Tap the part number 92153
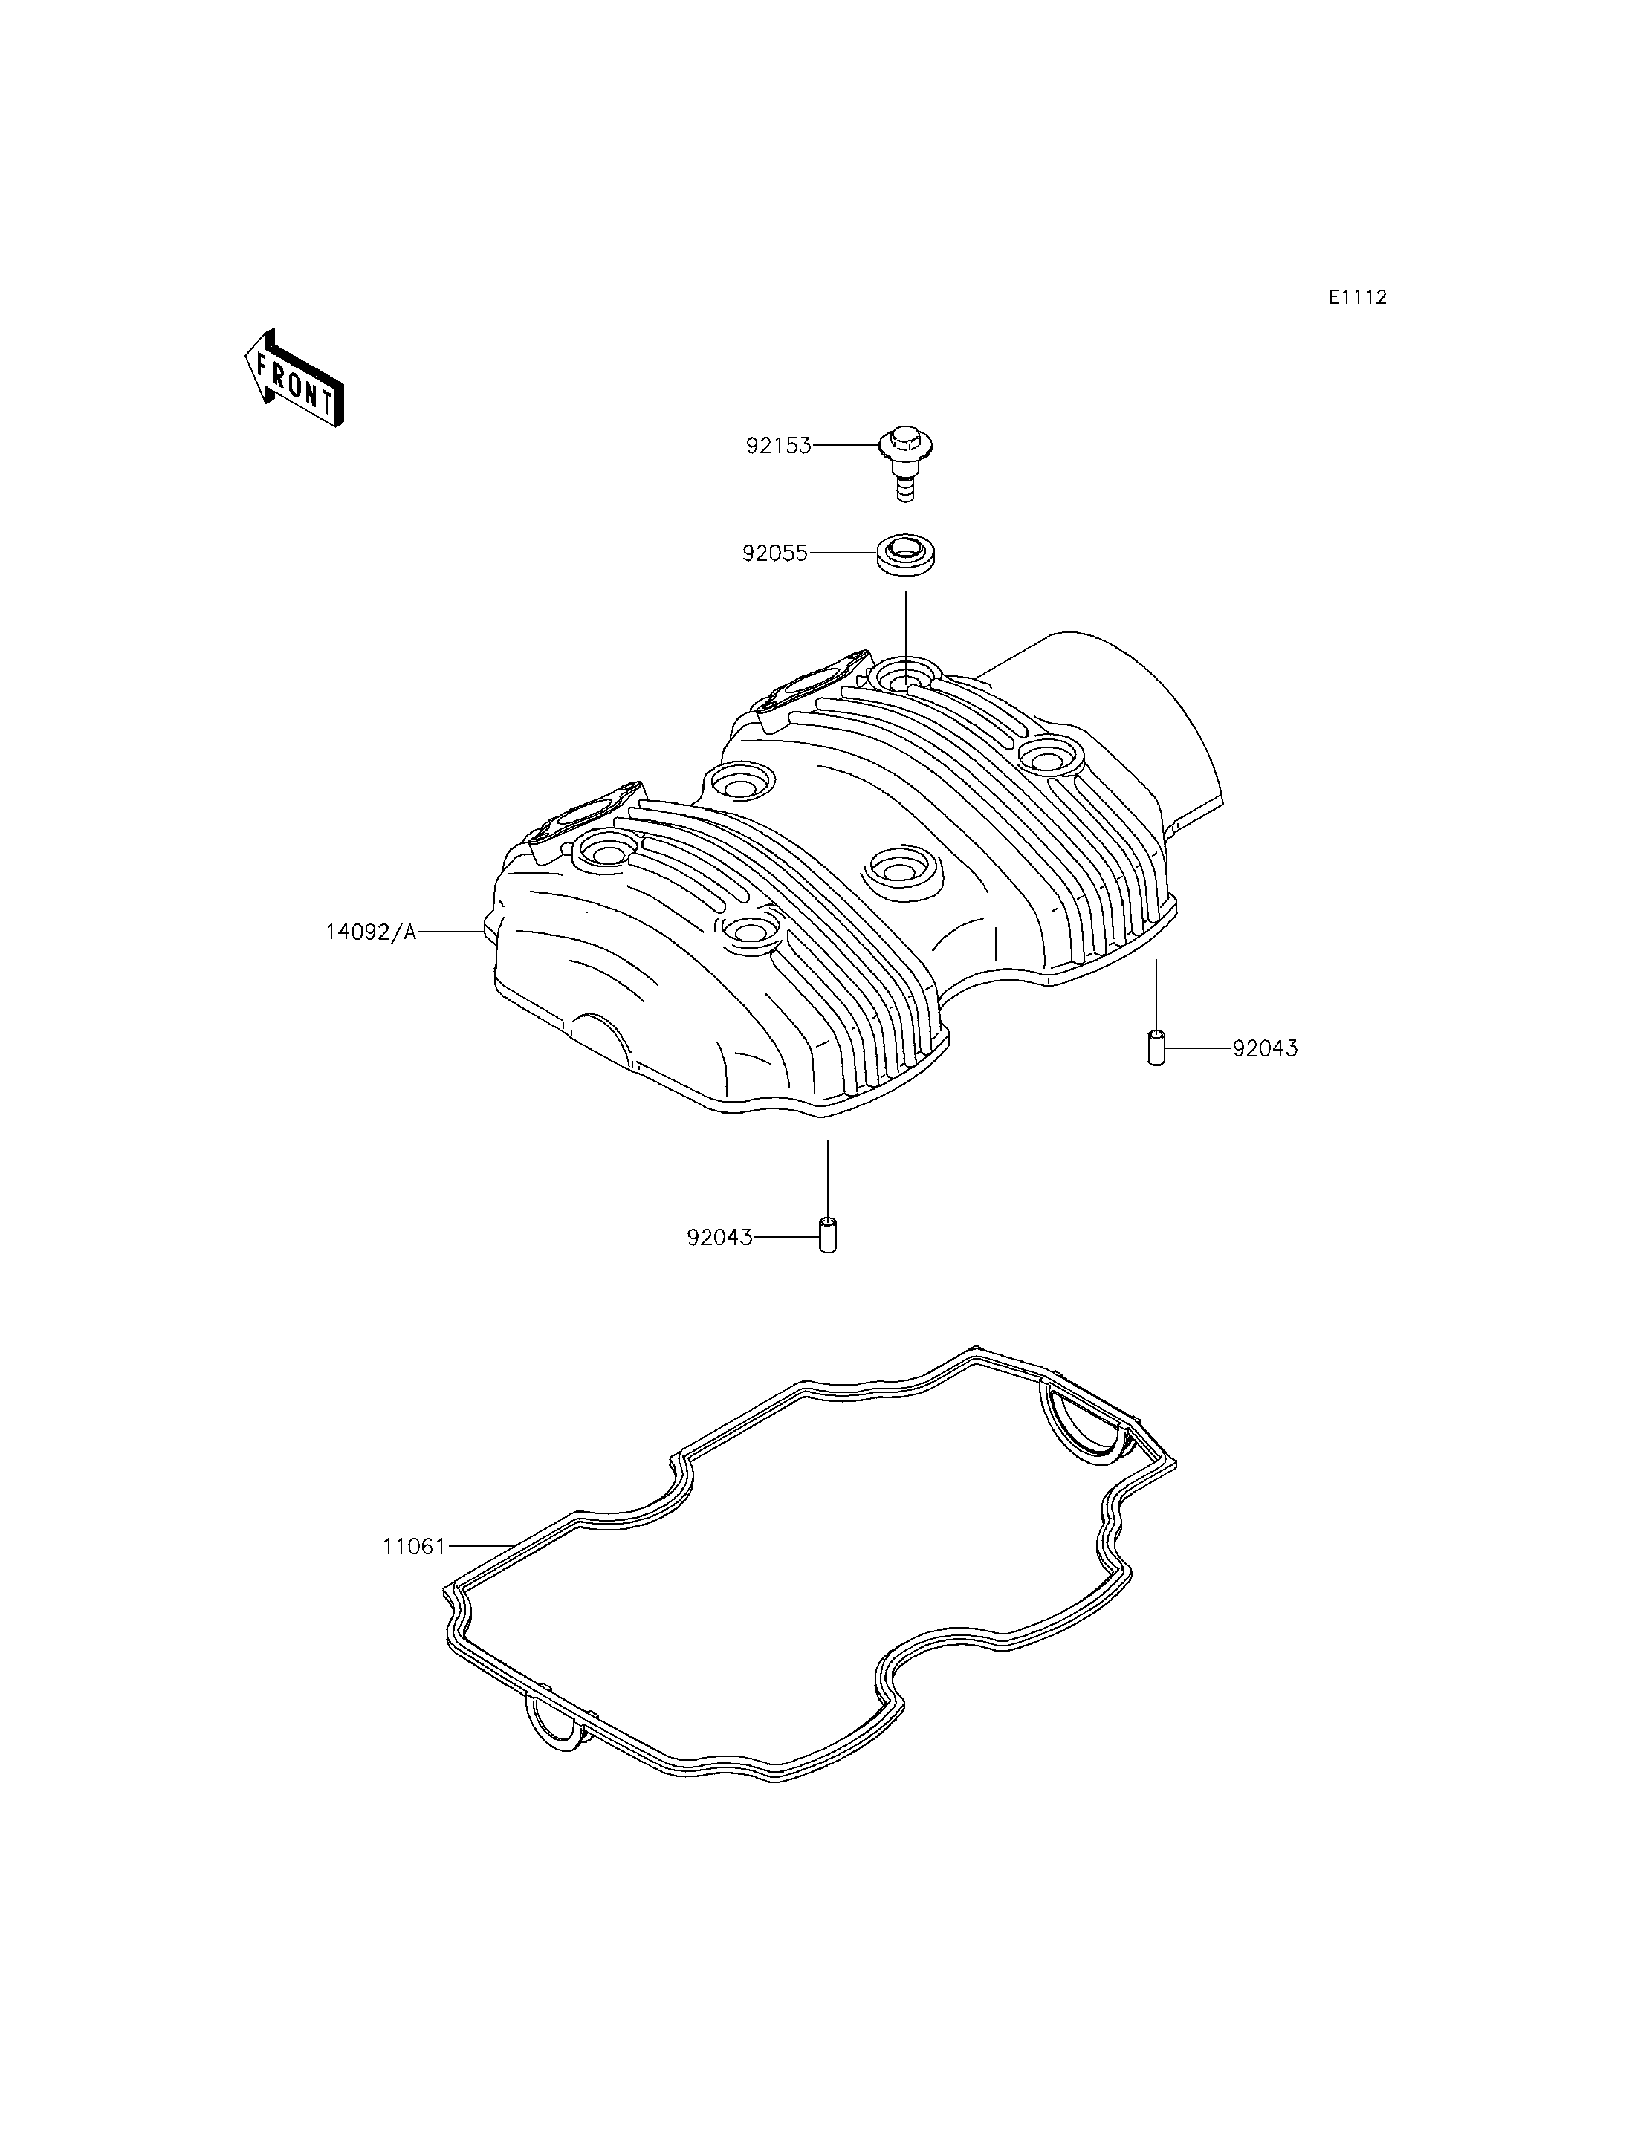(x=777, y=446)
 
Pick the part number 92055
(x=775, y=553)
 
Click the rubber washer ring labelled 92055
(x=911, y=554)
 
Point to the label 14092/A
(x=370, y=932)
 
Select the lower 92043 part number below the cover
(x=719, y=1238)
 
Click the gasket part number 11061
(x=414, y=1546)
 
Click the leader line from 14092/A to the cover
(x=451, y=932)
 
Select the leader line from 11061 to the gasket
(x=480, y=1545)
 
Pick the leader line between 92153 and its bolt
(x=846, y=446)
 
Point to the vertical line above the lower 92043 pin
(x=827, y=1176)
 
